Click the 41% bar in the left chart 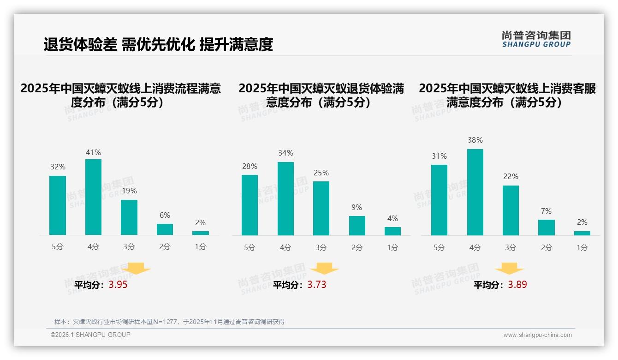(93, 197)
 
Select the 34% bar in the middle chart (285, 198)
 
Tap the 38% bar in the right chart (475, 192)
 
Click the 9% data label (357, 208)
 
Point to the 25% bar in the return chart (321, 208)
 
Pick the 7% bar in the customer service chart (546, 227)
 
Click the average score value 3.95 (118, 285)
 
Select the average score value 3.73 (317, 285)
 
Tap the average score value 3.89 (517, 285)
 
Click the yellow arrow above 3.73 (324, 269)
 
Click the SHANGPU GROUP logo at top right (536, 39)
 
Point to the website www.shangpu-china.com (537, 335)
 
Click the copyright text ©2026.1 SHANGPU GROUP (90, 335)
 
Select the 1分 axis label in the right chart (582, 248)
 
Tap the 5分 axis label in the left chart (58, 247)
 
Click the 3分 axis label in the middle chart (321, 248)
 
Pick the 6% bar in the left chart (165, 229)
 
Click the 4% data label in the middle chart (392, 219)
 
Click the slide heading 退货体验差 (80, 44)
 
